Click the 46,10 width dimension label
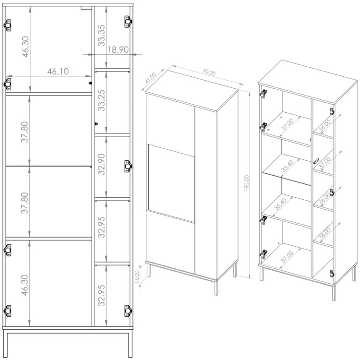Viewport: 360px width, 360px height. click(58, 72)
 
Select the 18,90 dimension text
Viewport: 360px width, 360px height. click(118, 49)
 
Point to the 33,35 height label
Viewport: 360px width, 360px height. click(101, 36)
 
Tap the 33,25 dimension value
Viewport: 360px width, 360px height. click(101, 100)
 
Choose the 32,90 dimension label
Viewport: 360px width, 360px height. click(101, 164)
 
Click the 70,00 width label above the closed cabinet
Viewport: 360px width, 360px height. click(209, 72)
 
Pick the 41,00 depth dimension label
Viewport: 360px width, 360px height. click(151, 78)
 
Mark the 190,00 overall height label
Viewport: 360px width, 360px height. click(246, 183)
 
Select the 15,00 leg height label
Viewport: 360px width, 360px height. click(137, 276)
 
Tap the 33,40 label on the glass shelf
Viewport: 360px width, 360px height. click(287, 166)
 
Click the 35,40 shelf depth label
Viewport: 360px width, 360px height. click(280, 204)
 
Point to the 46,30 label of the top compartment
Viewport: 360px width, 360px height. click(25, 47)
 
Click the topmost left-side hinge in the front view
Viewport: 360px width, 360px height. click(8, 25)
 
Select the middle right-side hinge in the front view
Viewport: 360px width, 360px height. click(128, 166)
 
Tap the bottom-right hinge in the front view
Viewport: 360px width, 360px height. click(128, 311)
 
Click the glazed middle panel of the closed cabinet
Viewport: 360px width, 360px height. click(171, 183)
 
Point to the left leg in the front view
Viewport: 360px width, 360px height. click(6, 344)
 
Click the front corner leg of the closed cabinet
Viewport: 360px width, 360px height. click(216, 288)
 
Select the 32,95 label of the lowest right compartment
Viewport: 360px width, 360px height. click(101, 296)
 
